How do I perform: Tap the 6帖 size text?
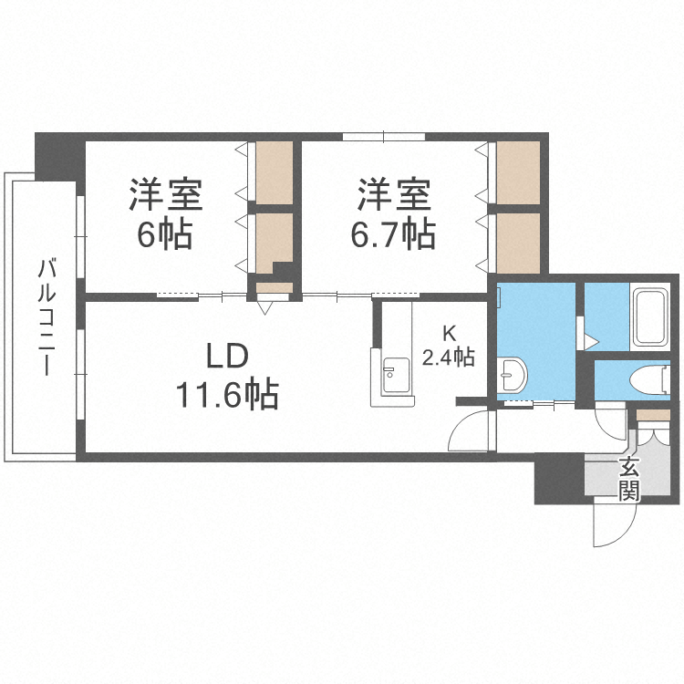[165, 235]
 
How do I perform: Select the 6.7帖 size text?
[393, 235]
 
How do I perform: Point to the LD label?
[224, 355]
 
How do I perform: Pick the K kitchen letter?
[448, 334]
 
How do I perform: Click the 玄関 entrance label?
[629, 481]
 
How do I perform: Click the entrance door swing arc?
[611, 525]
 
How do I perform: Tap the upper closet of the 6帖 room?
[274, 172]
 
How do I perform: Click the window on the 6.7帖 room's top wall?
[384, 137]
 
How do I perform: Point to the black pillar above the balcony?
[59, 156]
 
